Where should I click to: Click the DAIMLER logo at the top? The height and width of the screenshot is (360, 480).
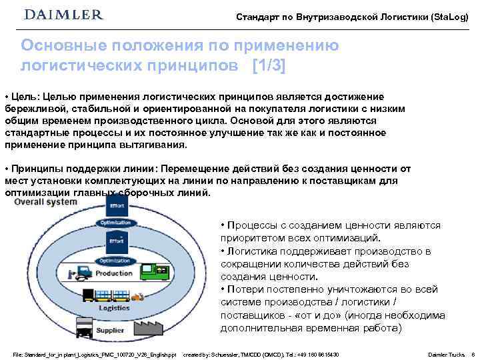click(63, 15)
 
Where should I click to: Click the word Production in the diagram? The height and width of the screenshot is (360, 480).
click(114, 273)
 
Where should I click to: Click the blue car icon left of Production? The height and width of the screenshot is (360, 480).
click(82, 273)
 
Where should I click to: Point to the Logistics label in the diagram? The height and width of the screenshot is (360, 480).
click(114, 307)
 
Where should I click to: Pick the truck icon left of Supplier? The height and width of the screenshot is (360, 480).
click(83, 327)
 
